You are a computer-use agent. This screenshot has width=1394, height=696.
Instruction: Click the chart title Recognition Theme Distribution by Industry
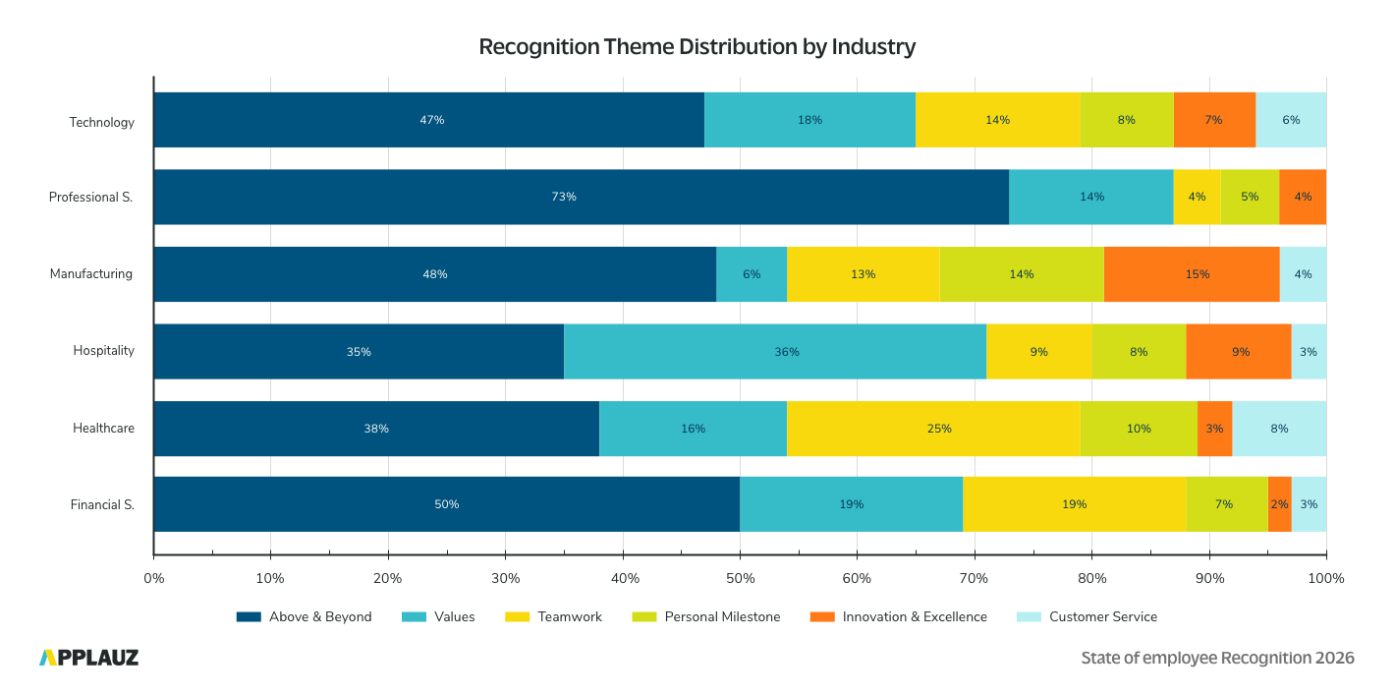697,46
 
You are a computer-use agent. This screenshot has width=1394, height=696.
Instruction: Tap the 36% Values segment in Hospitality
775,351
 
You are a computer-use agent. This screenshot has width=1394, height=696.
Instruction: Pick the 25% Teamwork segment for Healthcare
932,429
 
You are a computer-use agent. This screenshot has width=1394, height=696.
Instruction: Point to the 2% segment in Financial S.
1279,504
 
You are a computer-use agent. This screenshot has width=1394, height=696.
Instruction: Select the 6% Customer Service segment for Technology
1291,120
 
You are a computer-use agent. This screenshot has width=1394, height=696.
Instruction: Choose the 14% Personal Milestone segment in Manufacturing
1021,274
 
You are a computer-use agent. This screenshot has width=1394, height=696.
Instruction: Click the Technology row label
101,123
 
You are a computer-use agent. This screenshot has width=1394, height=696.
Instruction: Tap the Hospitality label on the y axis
103,351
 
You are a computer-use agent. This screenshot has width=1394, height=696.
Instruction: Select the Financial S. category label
102,505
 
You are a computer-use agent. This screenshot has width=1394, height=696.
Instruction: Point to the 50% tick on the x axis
740,578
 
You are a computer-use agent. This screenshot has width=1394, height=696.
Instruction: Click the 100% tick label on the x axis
1326,578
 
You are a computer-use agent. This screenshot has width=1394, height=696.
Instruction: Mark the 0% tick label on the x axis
154,578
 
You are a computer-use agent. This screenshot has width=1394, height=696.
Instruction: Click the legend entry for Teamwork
553,617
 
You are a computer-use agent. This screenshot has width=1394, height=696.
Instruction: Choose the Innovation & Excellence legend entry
898,617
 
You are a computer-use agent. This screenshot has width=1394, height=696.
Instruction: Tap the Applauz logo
88,658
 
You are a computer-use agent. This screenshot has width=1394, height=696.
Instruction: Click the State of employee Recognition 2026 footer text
1217,658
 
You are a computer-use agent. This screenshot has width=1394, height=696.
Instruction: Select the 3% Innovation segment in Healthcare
1214,429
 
